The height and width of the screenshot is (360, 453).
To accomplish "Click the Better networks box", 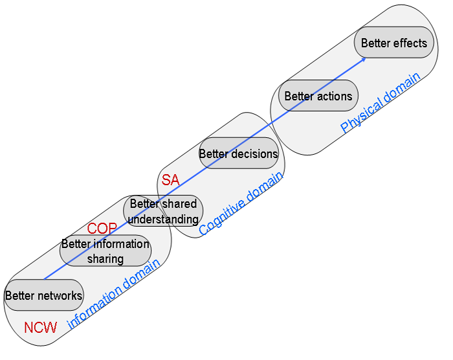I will tap(43, 296).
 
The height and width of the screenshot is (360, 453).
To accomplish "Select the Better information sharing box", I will tap(105, 251).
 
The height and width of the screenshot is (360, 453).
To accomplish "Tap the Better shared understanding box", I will tap(163, 212).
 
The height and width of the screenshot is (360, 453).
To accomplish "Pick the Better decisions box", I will tap(238, 154).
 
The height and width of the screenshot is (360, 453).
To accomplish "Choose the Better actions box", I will tap(318, 96).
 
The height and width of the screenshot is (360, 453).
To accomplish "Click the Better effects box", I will tap(393, 43).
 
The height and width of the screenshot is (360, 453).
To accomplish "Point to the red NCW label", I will tap(40, 328).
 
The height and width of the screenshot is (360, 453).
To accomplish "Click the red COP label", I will tap(102, 229).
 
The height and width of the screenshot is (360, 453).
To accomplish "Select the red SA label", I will tap(170, 181).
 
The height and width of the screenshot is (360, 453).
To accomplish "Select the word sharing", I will tap(105, 259).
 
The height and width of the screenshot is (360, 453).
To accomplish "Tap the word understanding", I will tap(163, 219).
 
